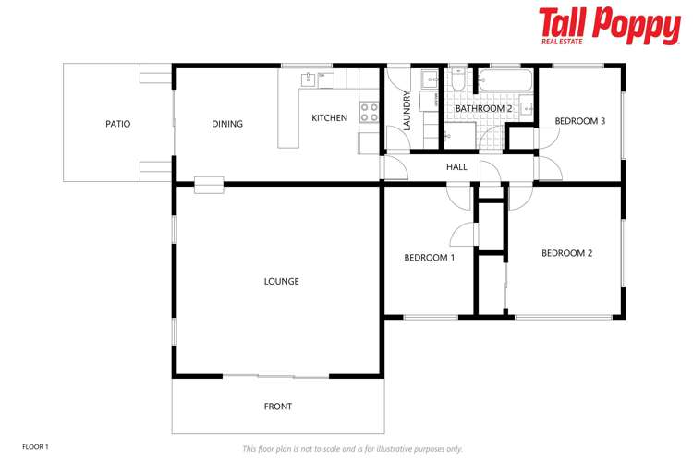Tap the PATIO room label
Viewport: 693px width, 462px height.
tap(117, 124)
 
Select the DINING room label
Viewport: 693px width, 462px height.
tap(227, 124)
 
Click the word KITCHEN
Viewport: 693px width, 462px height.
tap(329, 118)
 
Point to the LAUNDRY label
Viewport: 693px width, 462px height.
tap(407, 110)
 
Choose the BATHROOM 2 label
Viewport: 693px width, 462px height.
tap(483, 109)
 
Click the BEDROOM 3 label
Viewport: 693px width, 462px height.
tap(579, 121)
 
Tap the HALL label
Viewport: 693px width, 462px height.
tap(456, 167)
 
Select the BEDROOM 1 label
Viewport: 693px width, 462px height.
tap(429, 258)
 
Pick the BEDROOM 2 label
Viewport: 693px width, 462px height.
tap(566, 253)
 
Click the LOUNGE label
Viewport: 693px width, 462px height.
tap(281, 281)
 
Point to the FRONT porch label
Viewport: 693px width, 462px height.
tap(277, 407)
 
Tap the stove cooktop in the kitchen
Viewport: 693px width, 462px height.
tap(369, 112)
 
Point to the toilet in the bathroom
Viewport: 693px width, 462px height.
tap(459, 82)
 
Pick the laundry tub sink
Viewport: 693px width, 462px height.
tap(430, 79)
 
